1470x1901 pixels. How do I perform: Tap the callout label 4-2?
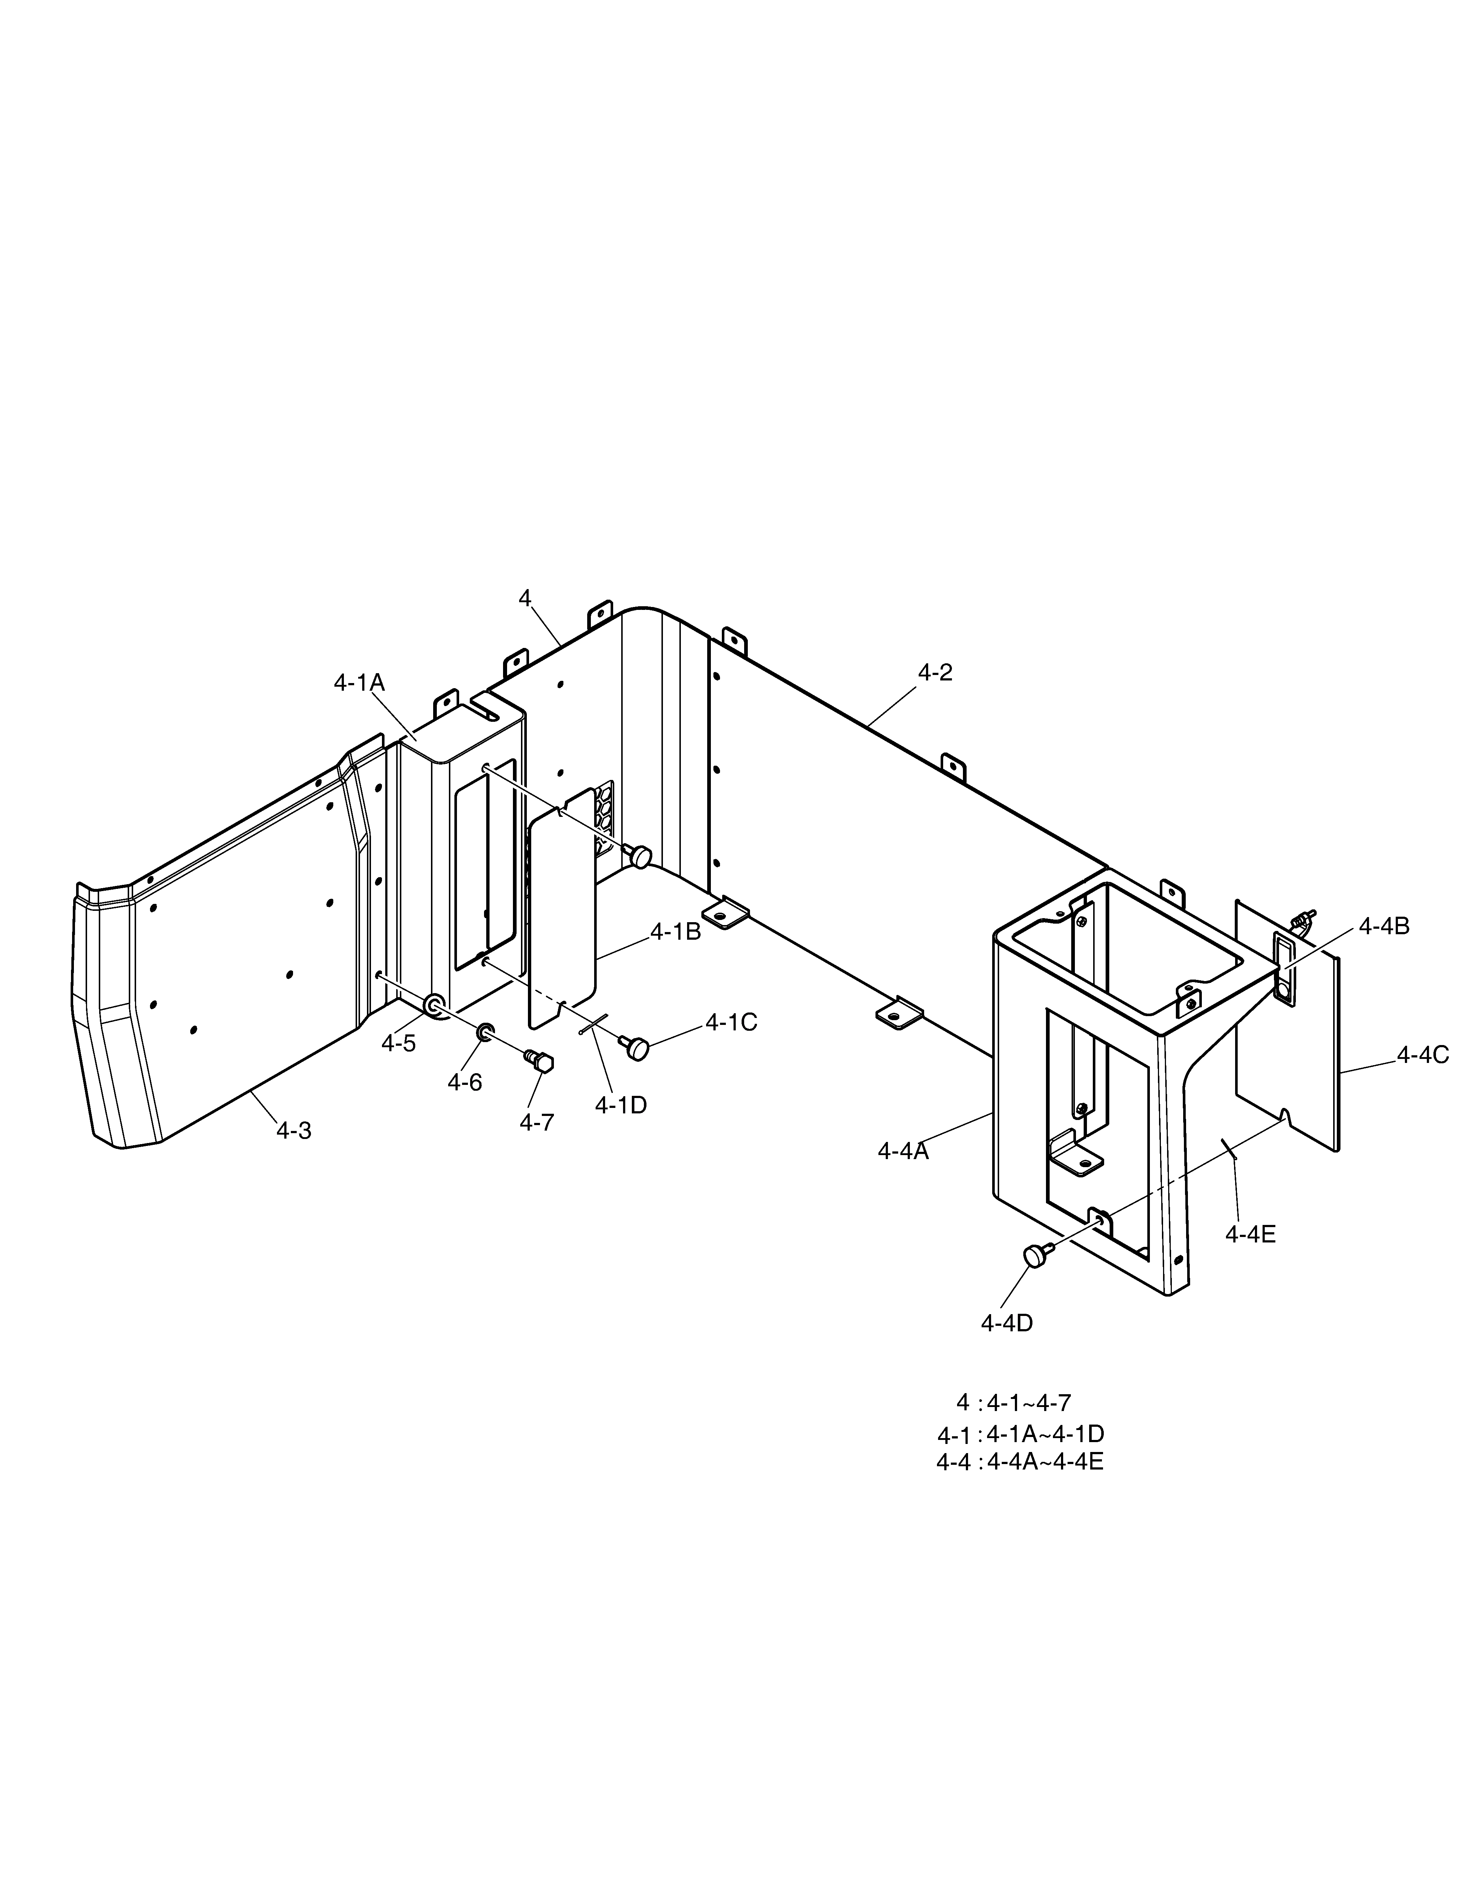[x=935, y=672]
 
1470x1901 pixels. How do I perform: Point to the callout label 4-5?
[x=399, y=1044]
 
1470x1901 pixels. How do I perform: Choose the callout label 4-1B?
[x=676, y=931]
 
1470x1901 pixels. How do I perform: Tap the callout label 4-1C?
[x=731, y=1023]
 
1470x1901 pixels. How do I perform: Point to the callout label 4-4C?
[x=1423, y=1055]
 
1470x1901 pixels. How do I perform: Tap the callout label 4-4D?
[x=1007, y=1323]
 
